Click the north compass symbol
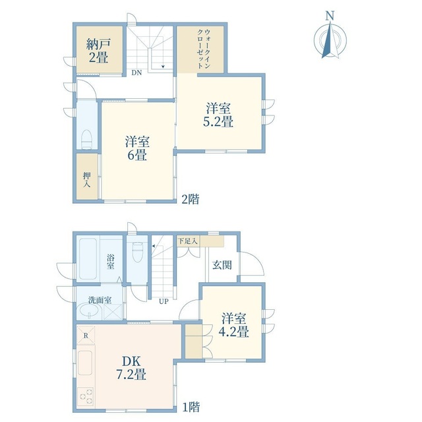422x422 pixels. [330, 40]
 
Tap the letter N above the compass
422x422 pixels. [330, 16]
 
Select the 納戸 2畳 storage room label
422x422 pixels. [98, 51]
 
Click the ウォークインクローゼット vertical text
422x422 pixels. [204, 49]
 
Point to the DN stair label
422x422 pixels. [136, 73]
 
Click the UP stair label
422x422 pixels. [164, 301]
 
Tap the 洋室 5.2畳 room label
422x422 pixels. [218, 115]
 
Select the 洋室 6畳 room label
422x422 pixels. [137, 148]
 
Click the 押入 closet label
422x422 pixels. [86, 180]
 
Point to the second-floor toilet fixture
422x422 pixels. [86, 139]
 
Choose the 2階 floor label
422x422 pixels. [191, 199]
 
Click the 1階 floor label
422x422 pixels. [191, 407]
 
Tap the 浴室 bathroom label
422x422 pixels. [110, 262]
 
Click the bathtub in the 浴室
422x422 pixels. [88, 259]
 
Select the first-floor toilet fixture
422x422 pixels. [138, 251]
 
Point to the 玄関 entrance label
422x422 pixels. [222, 265]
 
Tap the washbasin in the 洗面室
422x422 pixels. [89, 312]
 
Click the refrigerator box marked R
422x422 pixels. [86, 336]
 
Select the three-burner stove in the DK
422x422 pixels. [86, 396]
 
